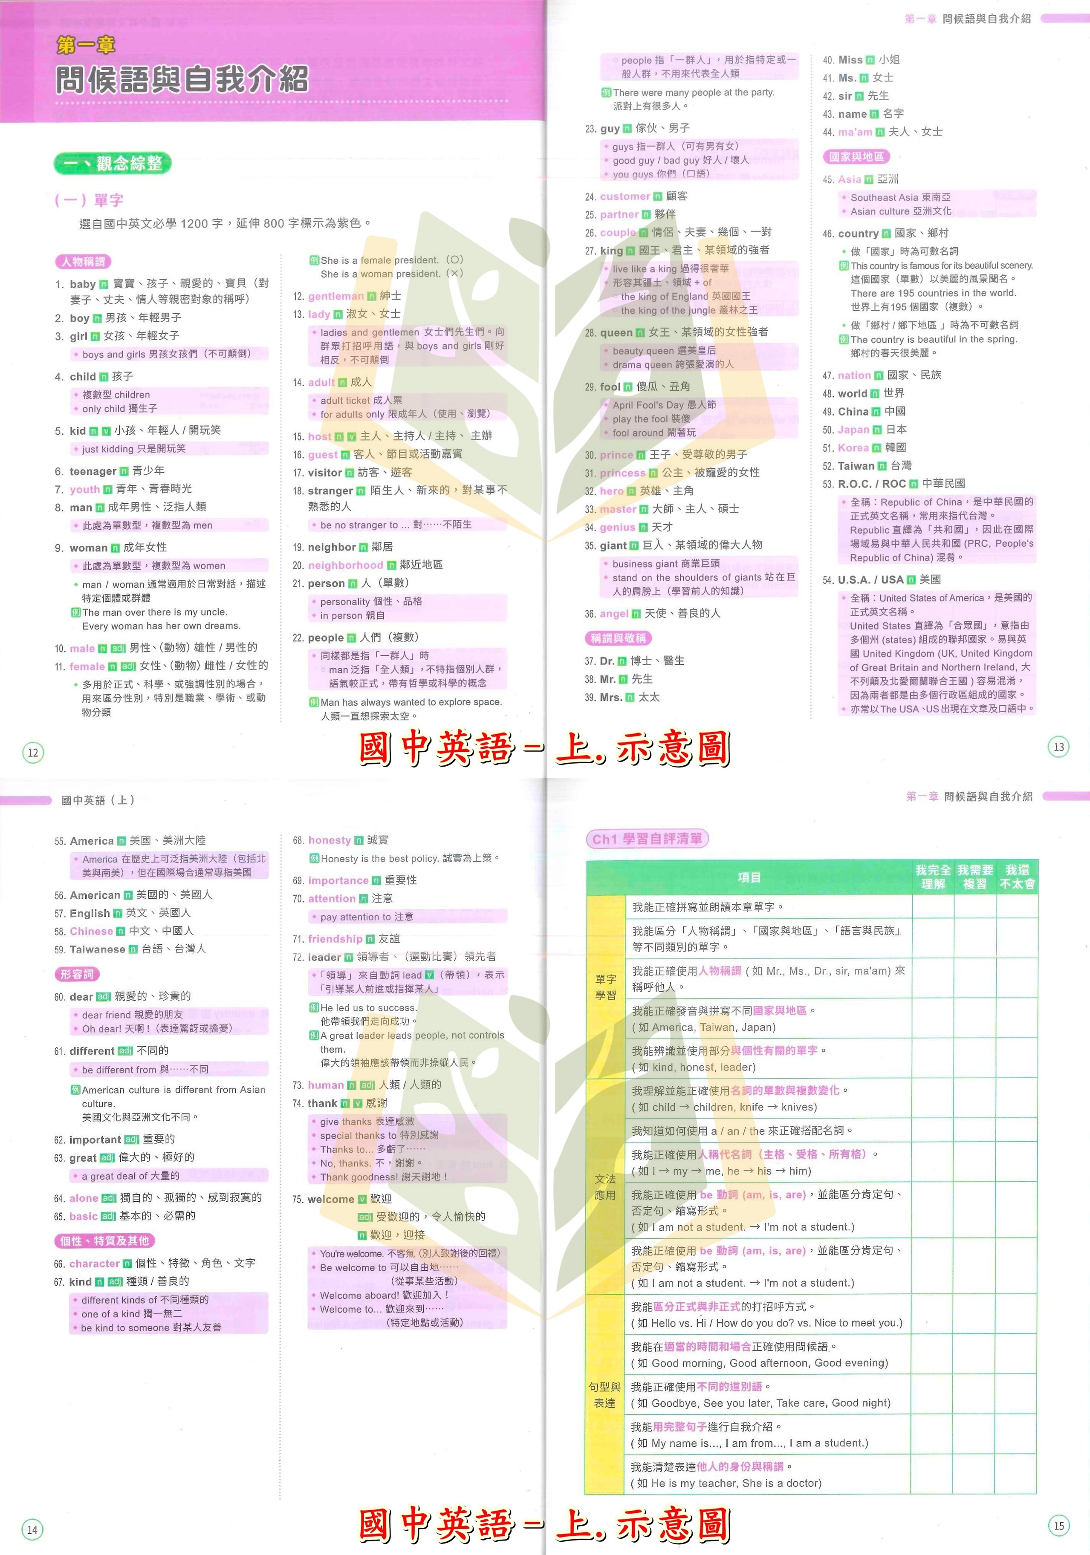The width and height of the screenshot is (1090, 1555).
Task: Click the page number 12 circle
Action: click(32, 753)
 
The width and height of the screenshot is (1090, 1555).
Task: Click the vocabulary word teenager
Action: click(93, 471)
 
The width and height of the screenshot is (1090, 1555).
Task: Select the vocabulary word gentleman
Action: click(336, 296)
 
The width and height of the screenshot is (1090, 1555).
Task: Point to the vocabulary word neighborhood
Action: click(345, 565)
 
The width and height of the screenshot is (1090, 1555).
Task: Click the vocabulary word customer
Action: click(625, 196)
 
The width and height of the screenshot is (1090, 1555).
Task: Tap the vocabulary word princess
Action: click(622, 473)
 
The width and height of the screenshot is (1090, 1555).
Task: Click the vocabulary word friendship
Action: click(335, 939)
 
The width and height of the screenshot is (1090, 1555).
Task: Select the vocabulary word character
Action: click(94, 1263)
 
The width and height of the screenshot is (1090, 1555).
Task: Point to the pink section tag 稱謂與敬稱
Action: click(618, 638)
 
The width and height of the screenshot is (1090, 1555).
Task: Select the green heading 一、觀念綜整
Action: click(113, 163)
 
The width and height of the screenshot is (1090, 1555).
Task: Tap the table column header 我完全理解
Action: click(933, 877)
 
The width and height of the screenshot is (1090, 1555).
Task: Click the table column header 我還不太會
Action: click(1017, 877)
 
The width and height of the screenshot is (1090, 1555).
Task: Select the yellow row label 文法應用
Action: click(605, 1186)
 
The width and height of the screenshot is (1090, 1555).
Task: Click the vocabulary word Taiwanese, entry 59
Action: click(97, 949)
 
